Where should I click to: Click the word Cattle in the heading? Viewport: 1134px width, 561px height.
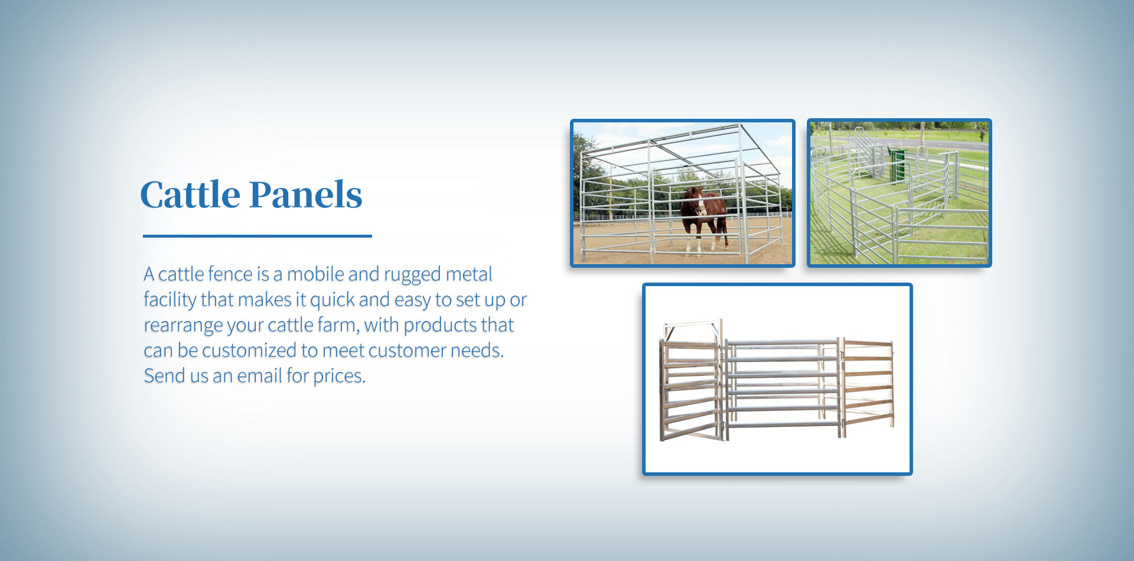point(190,195)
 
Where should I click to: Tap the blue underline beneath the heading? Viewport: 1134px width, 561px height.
point(258,236)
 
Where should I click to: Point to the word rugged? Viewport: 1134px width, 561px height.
point(412,275)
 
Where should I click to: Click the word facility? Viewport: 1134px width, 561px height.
point(170,300)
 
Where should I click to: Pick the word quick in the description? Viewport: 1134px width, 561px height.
point(332,300)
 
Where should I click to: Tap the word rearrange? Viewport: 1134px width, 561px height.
point(183,326)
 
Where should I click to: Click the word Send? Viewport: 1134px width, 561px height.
point(164,376)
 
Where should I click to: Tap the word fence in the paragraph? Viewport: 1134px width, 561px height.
point(230,274)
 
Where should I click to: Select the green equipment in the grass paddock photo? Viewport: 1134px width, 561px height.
point(897,164)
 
